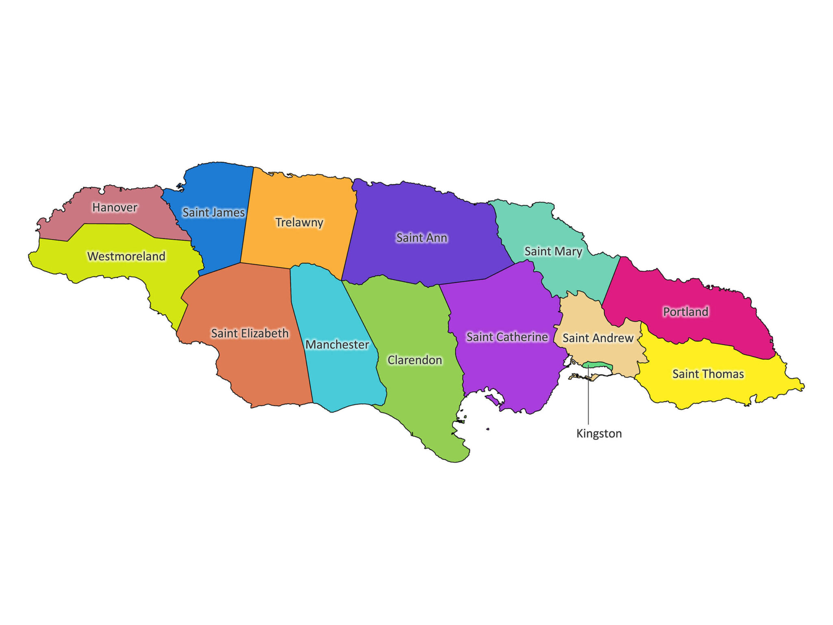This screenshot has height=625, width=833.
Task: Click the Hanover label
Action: point(115,208)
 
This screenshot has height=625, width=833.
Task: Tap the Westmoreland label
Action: point(126,256)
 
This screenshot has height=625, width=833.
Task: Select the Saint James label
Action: point(213,212)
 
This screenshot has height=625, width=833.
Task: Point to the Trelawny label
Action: point(299,223)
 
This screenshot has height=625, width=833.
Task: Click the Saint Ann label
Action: point(422,238)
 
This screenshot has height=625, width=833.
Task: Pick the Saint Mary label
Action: point(553,251)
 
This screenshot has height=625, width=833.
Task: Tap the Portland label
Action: point(686,312)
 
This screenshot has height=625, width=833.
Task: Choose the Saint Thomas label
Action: point(708,374)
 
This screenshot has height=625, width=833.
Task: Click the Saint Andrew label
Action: point(598,338)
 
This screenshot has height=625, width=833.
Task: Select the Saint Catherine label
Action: point(507,337)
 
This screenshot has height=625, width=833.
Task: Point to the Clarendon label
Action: point(414,360)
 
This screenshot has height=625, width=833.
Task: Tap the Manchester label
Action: point(337,345)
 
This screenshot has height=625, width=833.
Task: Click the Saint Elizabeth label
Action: point(250,334)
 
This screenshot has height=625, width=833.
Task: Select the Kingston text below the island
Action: point(599,434)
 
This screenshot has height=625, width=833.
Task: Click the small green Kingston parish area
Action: point(598,365)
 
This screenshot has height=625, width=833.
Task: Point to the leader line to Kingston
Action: point(588,399)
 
